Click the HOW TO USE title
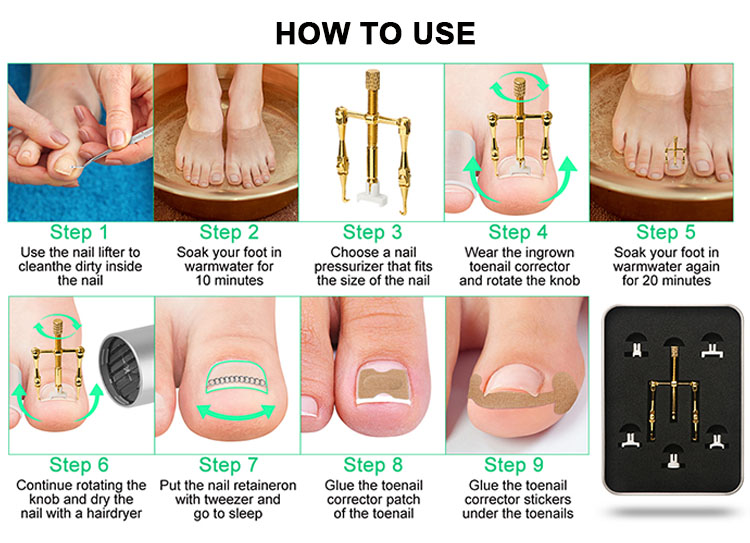coord(375,33)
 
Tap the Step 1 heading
coord(79,232)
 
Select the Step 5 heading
coord(665,232)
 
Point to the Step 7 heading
coord(228,465)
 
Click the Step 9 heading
coord(514,465)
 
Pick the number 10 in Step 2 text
coord(203,280)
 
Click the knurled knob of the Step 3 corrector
coord(373,79)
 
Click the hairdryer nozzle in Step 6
coord(126,366)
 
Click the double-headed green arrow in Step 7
coord(236,412)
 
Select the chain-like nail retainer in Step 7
coord(236,381)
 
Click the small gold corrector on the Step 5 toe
coord(675,152)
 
